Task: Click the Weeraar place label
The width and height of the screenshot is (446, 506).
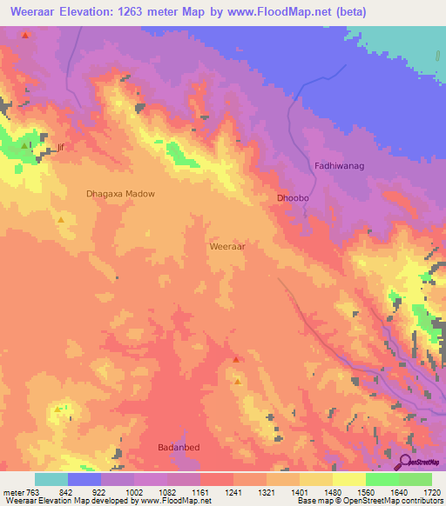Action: click(227, 247)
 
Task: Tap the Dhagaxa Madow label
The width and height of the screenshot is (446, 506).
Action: click(120, 194)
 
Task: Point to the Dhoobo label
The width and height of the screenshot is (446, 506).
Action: click(294, 198)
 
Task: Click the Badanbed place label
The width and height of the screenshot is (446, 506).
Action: click(179, 447)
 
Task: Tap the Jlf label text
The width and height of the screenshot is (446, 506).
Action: click(60, 148)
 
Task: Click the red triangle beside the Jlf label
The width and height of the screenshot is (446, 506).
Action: click(24, 145)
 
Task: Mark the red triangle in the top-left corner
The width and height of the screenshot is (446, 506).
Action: click(25, 36)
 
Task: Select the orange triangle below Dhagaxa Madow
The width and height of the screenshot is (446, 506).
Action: click(60, 220)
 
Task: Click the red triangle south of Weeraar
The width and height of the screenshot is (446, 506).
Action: click(235, 359)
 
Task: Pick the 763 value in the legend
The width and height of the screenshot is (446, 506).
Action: click(31, 491)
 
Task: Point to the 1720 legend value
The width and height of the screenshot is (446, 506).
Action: click(432, 491)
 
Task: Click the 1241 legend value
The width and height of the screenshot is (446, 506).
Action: click(233, 491)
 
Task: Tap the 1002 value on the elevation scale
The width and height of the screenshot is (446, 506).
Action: click(134, 491)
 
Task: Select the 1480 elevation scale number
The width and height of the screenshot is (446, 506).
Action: click(333, 491)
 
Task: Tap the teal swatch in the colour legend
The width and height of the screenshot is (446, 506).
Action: click(51, 479)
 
